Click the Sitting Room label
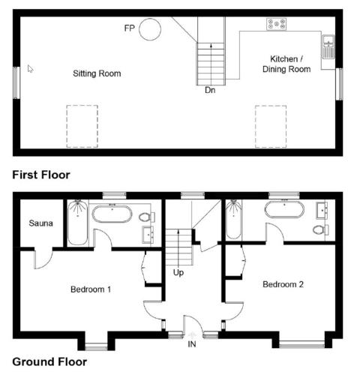pyautogui.click(x=97, y=73)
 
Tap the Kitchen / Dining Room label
pyautogui.click(x=286, y=64)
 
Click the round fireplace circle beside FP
pyautogui.click(x=150, y=29)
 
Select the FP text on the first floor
pyautogui.click(x=130, y=28)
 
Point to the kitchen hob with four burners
pyautogui.click(x=277, y=24)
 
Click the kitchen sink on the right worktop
pyautogui.click(x=328, y=46)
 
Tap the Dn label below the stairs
pyautogui.click(x=210, y=90)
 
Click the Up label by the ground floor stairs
pyautogui.click(x=178, y=272)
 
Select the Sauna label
pyautogui.click(x=40, y=223)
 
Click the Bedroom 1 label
pyautogui.click(x=91, y=289)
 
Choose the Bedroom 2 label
pyautogui.click(x=283, y=284)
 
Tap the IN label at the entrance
pyautogui.click(x=192, y=344)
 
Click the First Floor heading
pyautogui.click(x=41, y=175)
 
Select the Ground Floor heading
pyautogui.click(x=49, y=361)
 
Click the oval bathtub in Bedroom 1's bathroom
pyautogui.click(x=112, y=214)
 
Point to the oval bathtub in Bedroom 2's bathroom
pyautogui.click(x=284, y=209)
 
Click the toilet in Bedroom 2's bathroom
pyautogui.click(x=320, y=229)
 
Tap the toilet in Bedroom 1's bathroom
pyautogui.click(x=147, y=217)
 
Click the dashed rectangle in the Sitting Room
pyautogui.click(x=82, y=126)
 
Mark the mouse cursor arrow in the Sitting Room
pyautogui.click(x=30, y=69)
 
